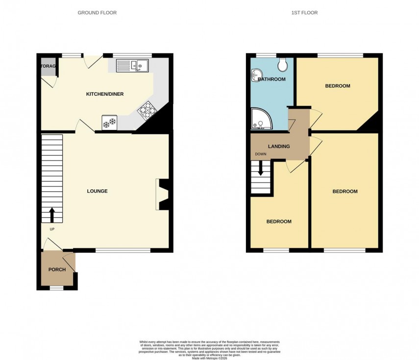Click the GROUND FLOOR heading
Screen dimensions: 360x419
click(x=97, y=13)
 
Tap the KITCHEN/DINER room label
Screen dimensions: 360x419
click(x=105, y=94)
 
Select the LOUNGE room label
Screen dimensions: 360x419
click(x=97, y=191)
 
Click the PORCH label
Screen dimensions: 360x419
click(x=57, y=270)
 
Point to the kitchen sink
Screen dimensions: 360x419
click(x=132, y=65)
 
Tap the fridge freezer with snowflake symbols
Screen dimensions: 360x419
click(x=109, y=122)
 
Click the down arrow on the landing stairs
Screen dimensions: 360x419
click(x=260, y=168)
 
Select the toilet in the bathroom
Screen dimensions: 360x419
click(x=282, y=65)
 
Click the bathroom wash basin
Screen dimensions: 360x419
click(x=255, y=76)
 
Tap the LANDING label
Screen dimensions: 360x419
click(x=278, y=146)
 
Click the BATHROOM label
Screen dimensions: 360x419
click(x=271, y=79)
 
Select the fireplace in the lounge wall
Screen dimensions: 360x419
click(x=162, y=195)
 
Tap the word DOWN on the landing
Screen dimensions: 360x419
click(x=260, y=154)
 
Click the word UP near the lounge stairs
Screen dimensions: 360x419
click(x=52, y=229)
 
